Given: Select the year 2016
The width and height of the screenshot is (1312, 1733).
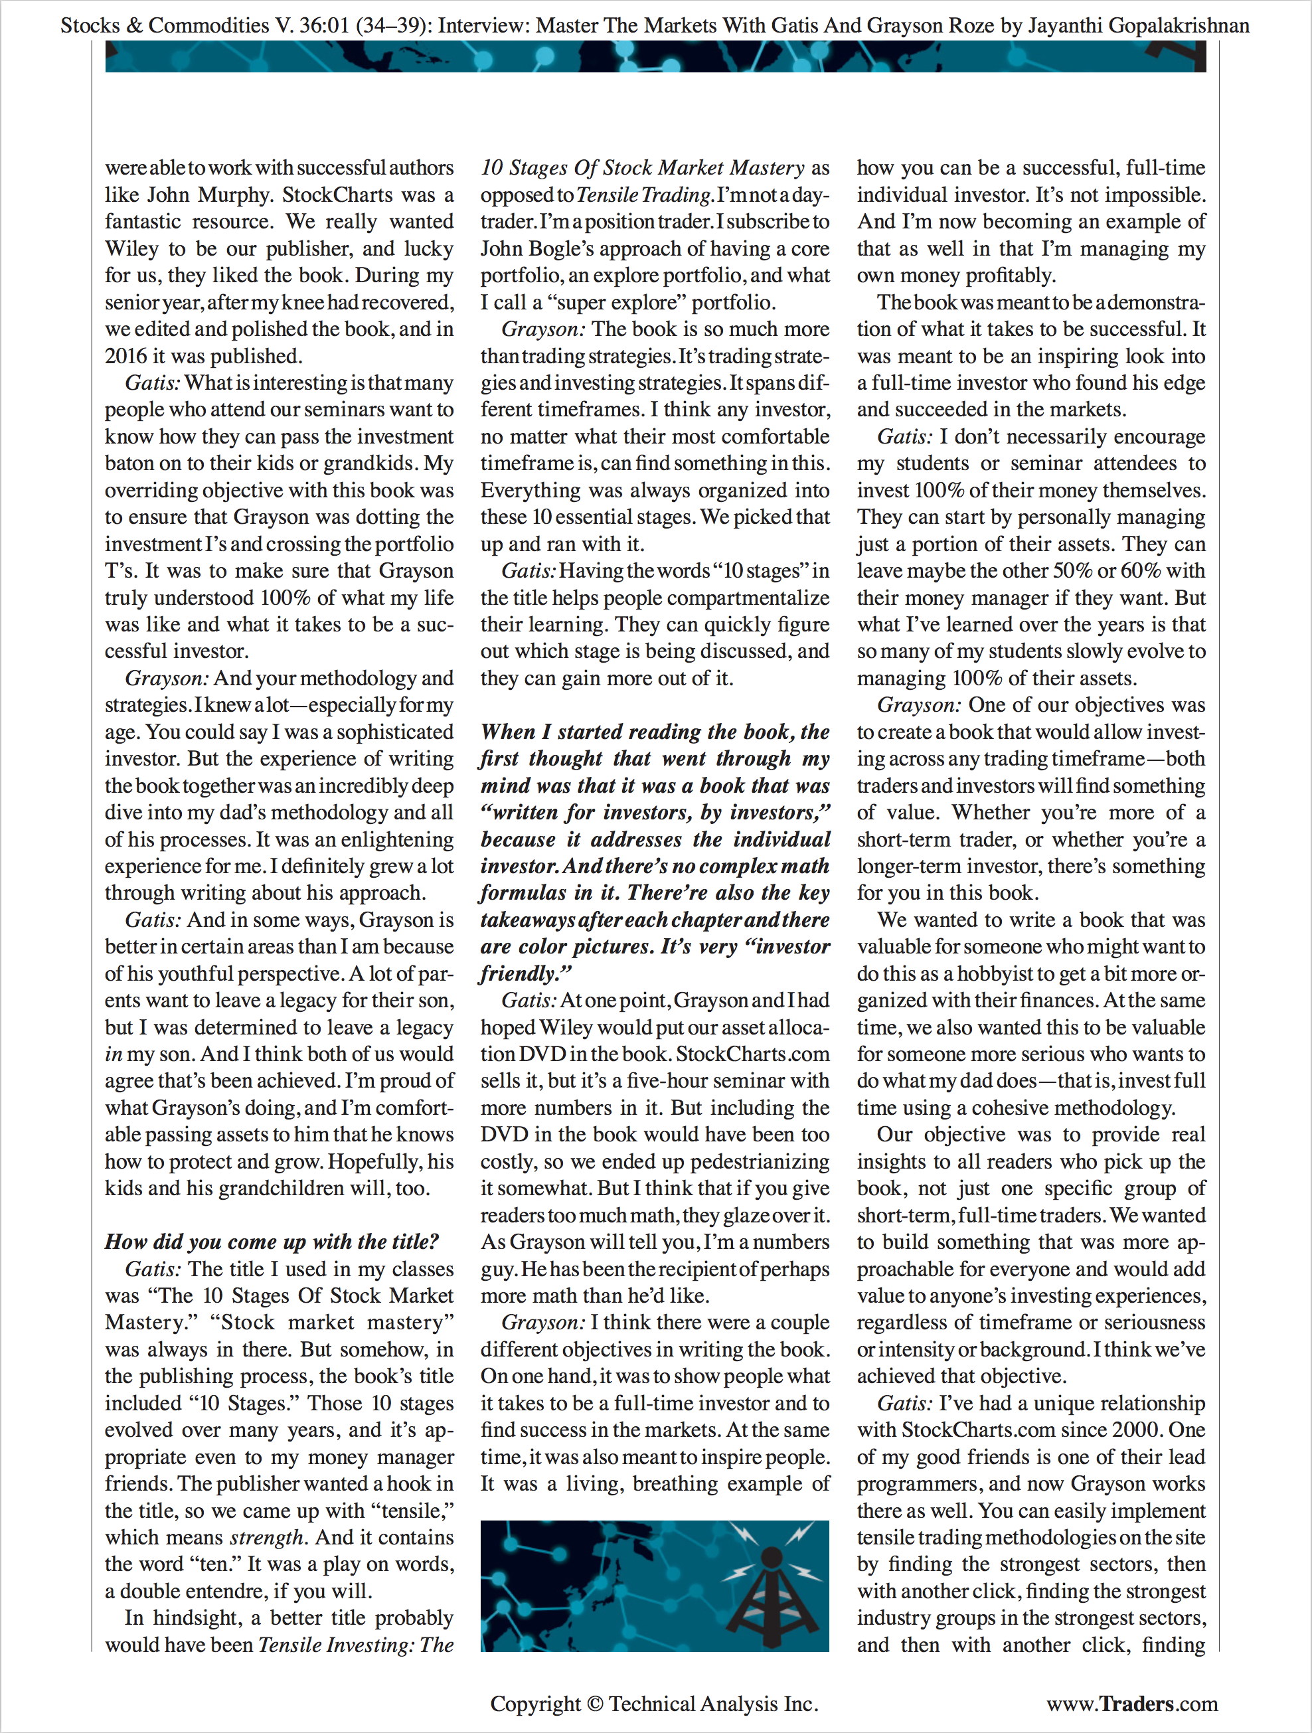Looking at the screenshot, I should (125, 357).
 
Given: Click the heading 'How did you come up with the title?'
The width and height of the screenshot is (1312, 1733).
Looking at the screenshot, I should (272, 1242).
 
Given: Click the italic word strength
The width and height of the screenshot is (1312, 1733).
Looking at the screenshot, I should (266, 1537).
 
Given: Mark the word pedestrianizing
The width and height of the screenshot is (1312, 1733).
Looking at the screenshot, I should (760, 1162).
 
